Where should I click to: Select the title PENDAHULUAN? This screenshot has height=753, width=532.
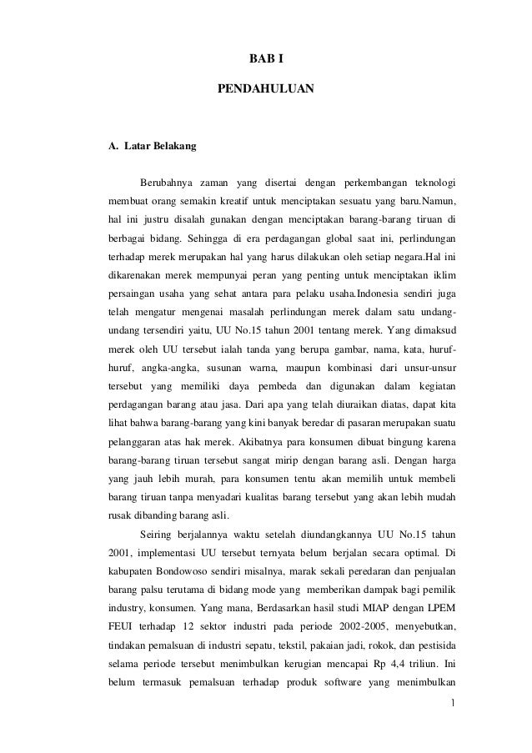tap(265, 87)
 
